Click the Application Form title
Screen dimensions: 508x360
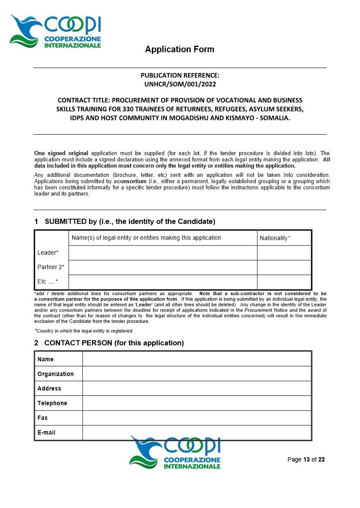pyautogui.click(x=180, y=49)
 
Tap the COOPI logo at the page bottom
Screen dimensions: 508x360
pyautogui.click(x=175, y=453)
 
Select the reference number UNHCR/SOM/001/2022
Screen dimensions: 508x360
pyautogui.click(x=180, y=84)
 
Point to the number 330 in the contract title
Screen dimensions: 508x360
pyautogui.click(x=129, y=109)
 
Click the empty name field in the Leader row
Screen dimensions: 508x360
pyautogui.click(x=163, y=252)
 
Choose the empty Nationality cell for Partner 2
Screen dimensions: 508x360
pyautogui.click(x=284, y=267)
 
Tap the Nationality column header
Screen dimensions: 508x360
pyautogui.click(x=275, y=238)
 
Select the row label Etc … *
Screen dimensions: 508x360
pyautogui.click(x=47, y=282)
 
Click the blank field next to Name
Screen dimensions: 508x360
pyautogui.click(x=197, y=359)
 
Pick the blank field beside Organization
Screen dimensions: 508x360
pyautogui.click(x=197, y=374)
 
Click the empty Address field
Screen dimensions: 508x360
pyautogui.click(x=197, y=388)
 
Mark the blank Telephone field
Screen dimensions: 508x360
pyautogui.click(x=197, y=403)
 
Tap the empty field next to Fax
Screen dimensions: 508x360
pyautogui.click(x=197, y=418)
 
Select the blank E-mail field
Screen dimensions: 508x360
pyautogui.click(x=197, y=432)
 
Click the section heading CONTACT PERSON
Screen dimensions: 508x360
pyautogui.click(x=114, y=343)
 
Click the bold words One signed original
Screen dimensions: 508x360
pyautogui.click(x=61, y=153)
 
